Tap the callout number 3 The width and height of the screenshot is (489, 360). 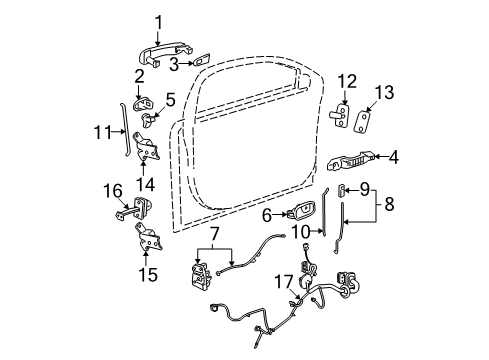tap(173, 66)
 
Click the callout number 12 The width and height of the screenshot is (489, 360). tap(347, 80)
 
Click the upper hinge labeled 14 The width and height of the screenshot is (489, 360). tap(148, 150)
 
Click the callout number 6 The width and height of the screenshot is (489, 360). tap(268, 213)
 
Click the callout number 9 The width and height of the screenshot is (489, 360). tap(364, 187)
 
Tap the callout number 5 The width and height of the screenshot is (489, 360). tap(170, 99)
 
